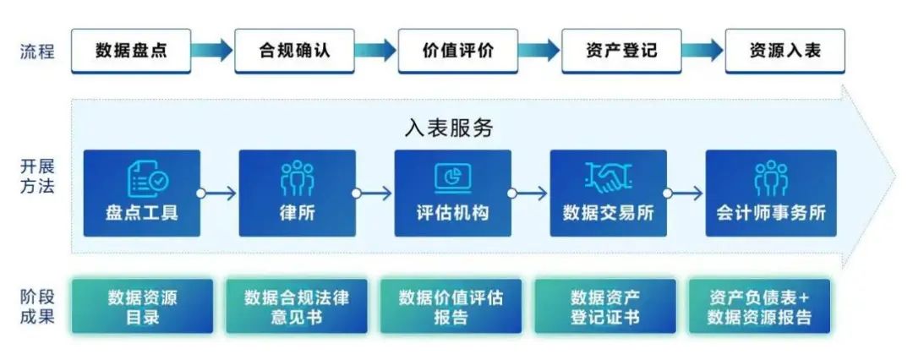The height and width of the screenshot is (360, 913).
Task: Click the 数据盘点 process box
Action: point(131,51)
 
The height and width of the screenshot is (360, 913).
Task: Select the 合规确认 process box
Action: point(294,51)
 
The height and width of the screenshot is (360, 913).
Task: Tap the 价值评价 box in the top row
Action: point(457,51)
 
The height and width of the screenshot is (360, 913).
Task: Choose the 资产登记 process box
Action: point(621,51)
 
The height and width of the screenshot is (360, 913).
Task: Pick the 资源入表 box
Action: point(785,51)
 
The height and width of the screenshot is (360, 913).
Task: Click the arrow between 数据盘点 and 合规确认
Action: point(211,51)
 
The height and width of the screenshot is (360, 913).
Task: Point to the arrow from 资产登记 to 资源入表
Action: point(703,51)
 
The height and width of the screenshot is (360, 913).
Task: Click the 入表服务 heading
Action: point(448,128)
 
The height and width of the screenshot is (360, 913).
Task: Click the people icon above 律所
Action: point(297,177)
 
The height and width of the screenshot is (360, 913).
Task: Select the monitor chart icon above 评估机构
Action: point(452,176)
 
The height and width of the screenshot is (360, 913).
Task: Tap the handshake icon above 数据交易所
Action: point(608,176)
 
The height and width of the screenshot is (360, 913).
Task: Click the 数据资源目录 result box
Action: point(142,307)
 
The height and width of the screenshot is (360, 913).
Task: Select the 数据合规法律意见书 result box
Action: point(296,307)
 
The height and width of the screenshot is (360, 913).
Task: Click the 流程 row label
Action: point(37,51)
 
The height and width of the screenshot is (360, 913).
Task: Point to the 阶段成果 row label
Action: point(37,307)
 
